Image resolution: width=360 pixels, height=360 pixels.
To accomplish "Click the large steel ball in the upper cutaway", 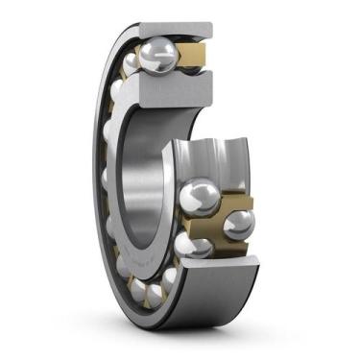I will pos(156,56).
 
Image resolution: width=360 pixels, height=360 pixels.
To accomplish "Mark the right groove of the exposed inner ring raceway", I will pos(230,158).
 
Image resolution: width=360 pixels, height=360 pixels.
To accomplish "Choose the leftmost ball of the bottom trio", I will pos(138,285).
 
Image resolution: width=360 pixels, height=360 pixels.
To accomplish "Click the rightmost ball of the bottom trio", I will pos(170,278).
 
